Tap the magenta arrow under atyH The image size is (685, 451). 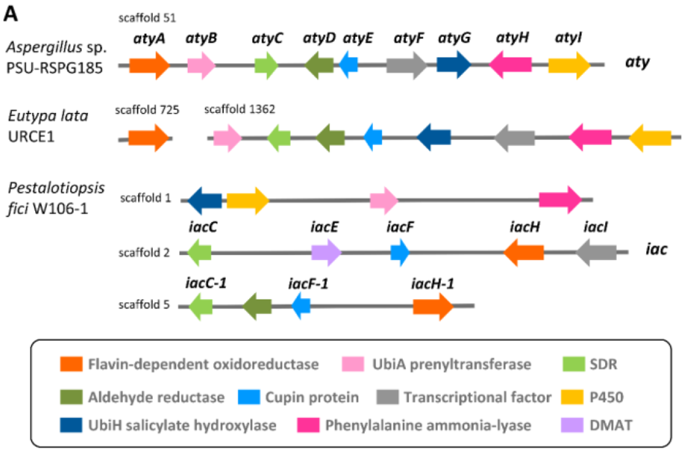point(511,64)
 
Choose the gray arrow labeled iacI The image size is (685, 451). point(596,252)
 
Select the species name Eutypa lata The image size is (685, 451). point(48,115)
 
